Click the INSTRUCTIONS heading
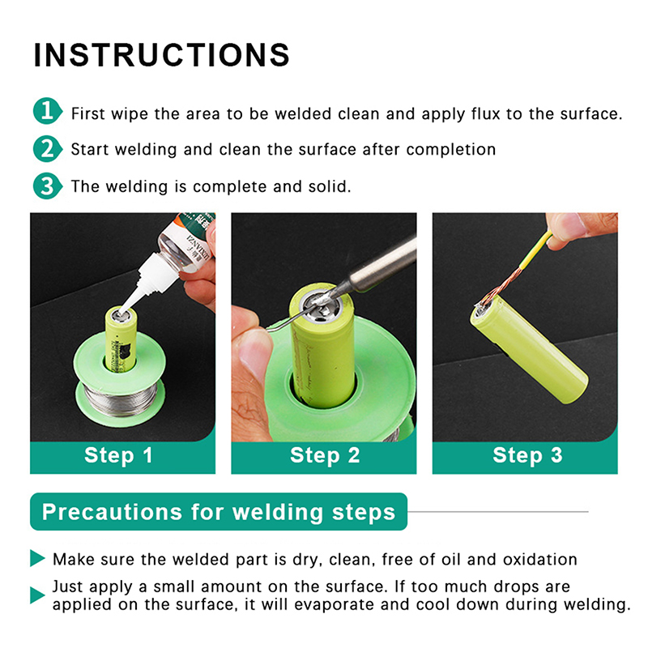161,55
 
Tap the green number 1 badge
48,111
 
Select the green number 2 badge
48,149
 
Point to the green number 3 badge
48,186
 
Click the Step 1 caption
118,455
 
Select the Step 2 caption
325,455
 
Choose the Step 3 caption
527,455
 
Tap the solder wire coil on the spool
121,398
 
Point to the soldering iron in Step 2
372,270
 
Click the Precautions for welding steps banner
219,512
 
